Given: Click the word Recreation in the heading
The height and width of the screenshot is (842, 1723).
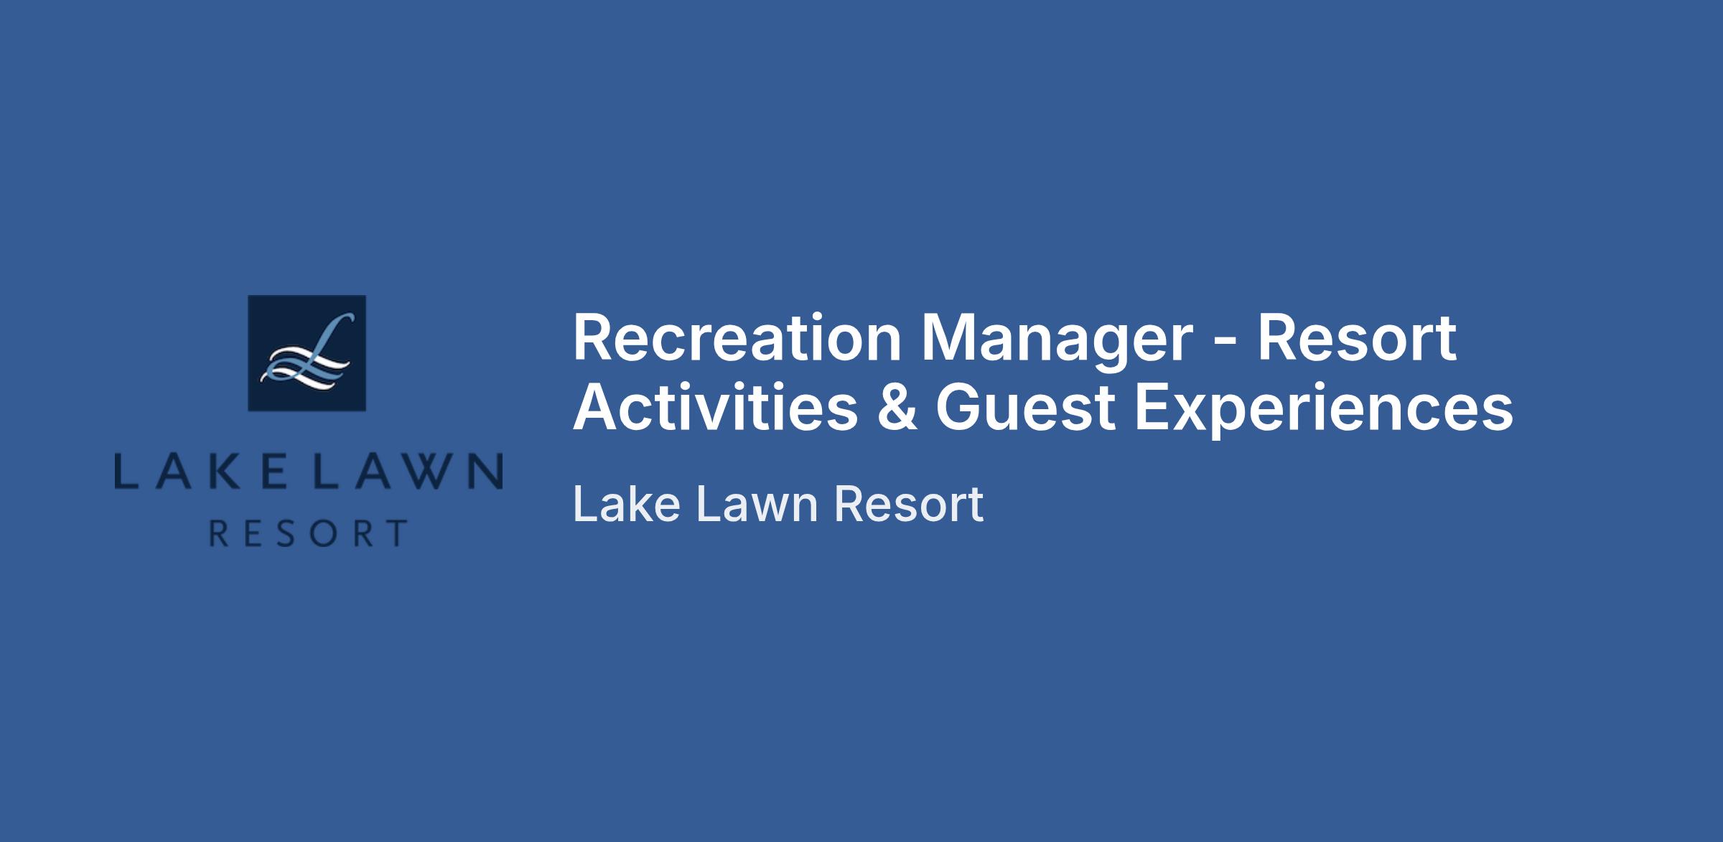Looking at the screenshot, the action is click(x=737, y=338).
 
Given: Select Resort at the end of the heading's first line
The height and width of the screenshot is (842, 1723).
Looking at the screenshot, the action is click(x=1357, y=338).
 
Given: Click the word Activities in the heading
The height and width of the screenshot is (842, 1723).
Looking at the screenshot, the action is click(x=715, y=407).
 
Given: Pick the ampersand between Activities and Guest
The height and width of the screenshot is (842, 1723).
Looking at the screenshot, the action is click(x=897, y=407).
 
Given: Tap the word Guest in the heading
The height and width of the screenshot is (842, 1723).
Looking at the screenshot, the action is click(x=1026, y=408).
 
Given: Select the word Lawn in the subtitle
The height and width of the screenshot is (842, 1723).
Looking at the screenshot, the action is click(x=757, y=503).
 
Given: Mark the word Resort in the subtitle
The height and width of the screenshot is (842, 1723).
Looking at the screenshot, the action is click(x=909, y=503).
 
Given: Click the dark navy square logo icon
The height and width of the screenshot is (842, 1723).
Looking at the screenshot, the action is click(x=307, y=353).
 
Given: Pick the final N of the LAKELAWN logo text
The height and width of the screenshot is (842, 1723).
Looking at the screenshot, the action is click(x=487, y=471).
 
